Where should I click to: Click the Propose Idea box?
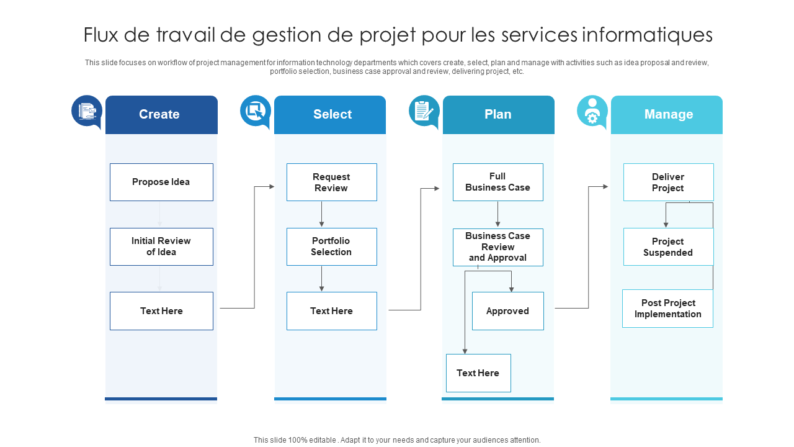pos(161,182)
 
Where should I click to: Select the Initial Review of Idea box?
pos(161,246)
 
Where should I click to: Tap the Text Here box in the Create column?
pos(161,311)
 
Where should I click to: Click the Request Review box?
pos(331,182)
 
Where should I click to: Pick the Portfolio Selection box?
pos(331,246)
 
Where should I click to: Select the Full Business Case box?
pos(497,182)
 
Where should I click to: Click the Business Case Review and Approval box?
pos(497,247)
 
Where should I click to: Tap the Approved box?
pos(507,311)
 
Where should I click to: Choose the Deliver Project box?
pos(668,182)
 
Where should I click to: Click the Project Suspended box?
pos(668,246)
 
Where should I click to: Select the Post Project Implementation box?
pos(667,309)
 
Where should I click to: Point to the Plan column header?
pos(498,114)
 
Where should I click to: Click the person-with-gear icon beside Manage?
pos(592,111)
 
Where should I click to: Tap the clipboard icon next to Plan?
pos(424,111)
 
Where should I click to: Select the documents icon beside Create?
pos(87,111)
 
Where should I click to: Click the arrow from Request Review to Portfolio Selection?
pos(321,214)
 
